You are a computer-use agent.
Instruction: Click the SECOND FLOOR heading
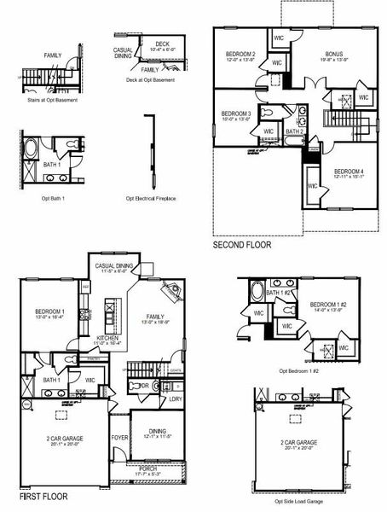click(x=242, y=245)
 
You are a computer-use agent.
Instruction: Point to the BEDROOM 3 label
click(x=235, y=113)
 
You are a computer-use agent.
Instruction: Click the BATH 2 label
click(x=294, y=131)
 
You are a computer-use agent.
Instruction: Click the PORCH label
click(x=147, y=468)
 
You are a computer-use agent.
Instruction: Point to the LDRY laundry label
click(x=175, y=399)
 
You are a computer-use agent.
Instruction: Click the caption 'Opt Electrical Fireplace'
click(x=151, y=198)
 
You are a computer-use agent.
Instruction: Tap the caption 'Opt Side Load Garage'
click(x=302, y=501)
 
